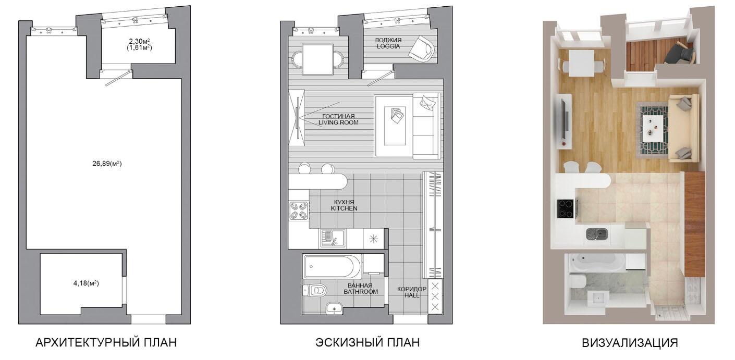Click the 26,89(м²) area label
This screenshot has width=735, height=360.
(107, 163)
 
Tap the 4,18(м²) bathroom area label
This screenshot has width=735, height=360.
(86, 283)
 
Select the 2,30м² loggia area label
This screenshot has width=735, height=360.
(140, 41)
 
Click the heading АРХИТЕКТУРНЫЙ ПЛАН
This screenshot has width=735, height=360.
(106, 343)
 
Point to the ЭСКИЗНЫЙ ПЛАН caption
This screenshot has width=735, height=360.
(367, 343)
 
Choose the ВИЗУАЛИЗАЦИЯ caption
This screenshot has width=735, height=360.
(630, 343)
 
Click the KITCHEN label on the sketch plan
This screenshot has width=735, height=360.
(344, 208)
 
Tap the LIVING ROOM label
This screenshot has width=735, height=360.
(338, 122)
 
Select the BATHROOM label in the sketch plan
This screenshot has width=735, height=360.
(361, 292)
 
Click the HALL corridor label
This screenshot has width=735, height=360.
(412, 295)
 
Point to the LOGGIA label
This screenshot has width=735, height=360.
(388, 46)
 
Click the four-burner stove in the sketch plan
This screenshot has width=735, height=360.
(299, 210)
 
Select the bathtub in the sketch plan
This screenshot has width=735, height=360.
(333, 267)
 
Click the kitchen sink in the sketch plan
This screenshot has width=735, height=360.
(333, 239)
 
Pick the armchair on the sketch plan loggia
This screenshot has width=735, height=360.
(422, 48)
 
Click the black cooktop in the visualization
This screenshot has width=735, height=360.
(565, 209)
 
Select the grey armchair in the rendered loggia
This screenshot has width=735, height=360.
(680, 54)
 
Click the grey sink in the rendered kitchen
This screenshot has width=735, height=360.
(597, 234)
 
